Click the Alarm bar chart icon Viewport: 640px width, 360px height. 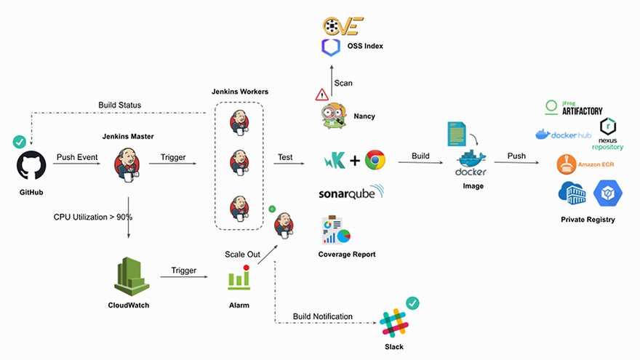point(239,278)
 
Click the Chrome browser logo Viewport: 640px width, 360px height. point(375,161)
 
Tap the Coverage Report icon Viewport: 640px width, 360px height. point(335,230)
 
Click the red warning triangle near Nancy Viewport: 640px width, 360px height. point(321,95)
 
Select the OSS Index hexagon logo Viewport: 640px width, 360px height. point(331,48)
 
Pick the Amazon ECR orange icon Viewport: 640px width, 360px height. point(567,164)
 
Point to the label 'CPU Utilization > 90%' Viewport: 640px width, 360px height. point(93,217)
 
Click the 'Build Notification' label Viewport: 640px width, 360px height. point(323,316)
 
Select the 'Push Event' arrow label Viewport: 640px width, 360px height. point(77,157)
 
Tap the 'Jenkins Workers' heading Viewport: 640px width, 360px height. point(239,92)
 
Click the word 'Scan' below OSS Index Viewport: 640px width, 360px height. point(343,83)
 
